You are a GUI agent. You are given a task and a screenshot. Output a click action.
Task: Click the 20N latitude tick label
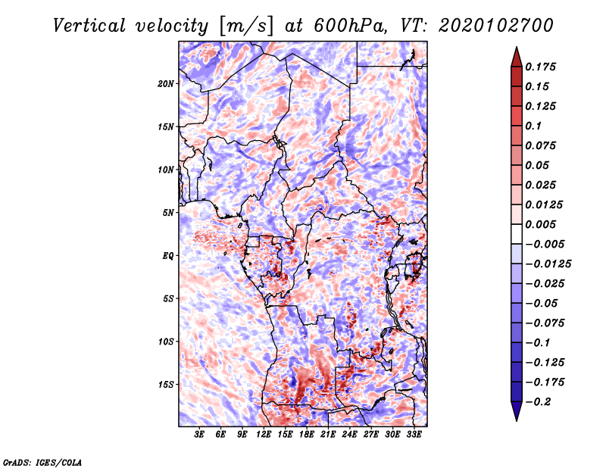click(166, 83)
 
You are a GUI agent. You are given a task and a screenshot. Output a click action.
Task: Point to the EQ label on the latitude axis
click(168, 255)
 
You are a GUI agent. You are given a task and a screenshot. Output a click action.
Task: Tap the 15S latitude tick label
click(166, 384)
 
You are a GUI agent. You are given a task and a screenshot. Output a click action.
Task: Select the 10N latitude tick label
click(166, 170)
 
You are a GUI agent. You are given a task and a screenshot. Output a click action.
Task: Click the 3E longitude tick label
click(200, 435)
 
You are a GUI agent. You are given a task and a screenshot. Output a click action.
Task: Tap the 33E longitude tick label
click(414, 435)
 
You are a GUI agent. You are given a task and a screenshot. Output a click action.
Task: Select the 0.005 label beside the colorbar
click(542, 225)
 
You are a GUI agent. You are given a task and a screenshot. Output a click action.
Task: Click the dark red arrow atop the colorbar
click(516, 56)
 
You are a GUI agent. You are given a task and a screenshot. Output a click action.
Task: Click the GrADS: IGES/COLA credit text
click(42, 461)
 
